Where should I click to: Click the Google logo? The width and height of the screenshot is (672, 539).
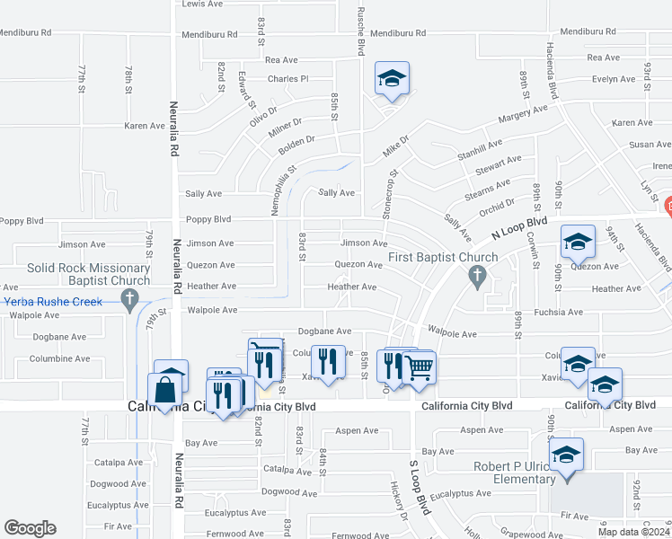click(x=30, y=528)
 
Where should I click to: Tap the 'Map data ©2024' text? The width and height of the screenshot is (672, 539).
click(x=634, y=531)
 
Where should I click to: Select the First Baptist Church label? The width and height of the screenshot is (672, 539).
click(x=443, y=258)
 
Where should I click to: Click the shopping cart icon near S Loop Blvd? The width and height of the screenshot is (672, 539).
click(x=419, y=366)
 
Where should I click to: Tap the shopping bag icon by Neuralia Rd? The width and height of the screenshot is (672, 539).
click(x=166, y=392)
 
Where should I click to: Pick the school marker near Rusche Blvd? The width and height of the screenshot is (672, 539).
click(x=392, y=78)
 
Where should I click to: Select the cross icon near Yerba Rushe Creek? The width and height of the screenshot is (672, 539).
click(x=129, y=297)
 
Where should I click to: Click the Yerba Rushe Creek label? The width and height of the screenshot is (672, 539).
click(x=53, y=302)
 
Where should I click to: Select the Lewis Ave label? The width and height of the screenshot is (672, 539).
click(x=202, y=4)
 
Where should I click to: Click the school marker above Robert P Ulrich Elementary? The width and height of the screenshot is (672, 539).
click(x=567, y=454)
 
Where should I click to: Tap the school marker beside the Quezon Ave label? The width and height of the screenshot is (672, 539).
click(x=578, y=241)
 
